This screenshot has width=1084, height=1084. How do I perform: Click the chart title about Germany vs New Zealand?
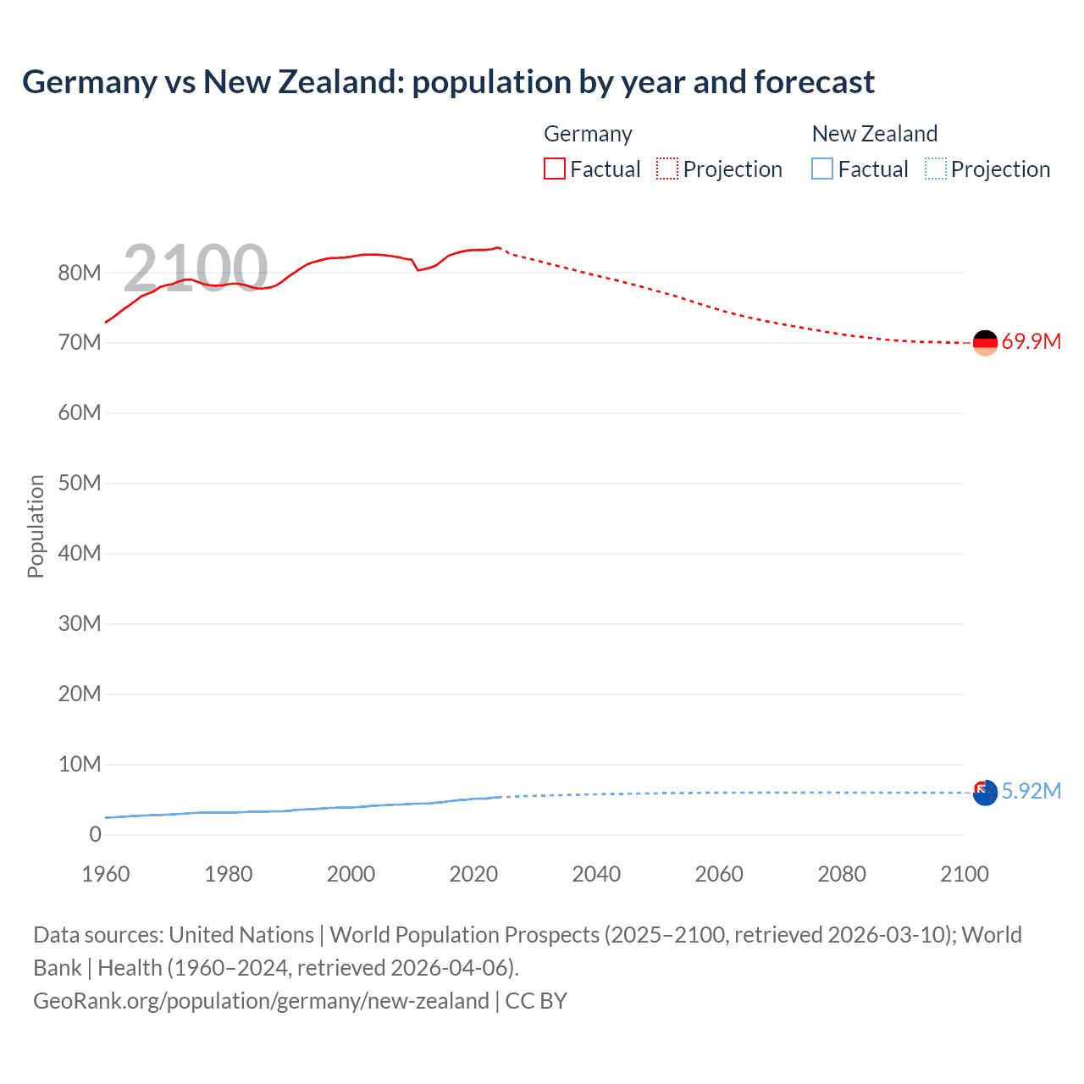[448, 82]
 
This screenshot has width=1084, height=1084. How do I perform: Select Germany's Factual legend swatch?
[554, 169]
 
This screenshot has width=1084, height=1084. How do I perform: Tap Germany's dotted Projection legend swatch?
[667, 169]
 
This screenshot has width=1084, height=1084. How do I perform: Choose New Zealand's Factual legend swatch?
[822, 169]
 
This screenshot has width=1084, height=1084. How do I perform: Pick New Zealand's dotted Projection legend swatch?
[936, 169]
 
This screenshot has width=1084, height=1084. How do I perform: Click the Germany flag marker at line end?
[985, 343]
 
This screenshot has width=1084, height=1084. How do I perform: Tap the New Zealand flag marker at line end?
[985, 793]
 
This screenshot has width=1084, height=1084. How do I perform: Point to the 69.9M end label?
[1031, 342]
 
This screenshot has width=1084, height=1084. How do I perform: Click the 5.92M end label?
[1031, 791]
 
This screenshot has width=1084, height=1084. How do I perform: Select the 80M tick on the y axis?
[80, 273]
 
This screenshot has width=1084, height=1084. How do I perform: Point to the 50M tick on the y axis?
[80, 484]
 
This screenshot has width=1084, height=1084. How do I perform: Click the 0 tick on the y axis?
[95, 834]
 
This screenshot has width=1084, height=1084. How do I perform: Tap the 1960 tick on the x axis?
[106, 874]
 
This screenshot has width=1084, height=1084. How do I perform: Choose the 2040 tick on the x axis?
[596, 874]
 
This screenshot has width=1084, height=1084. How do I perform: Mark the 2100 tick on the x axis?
[964, 874]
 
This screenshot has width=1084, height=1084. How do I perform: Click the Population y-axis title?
[36, 526]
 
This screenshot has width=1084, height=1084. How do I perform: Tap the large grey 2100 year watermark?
[196, 268]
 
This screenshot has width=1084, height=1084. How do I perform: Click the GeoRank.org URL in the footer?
[261, 1001]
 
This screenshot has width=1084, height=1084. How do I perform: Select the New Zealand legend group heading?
[874, 134]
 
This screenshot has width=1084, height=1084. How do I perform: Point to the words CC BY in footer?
[536, 1001]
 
